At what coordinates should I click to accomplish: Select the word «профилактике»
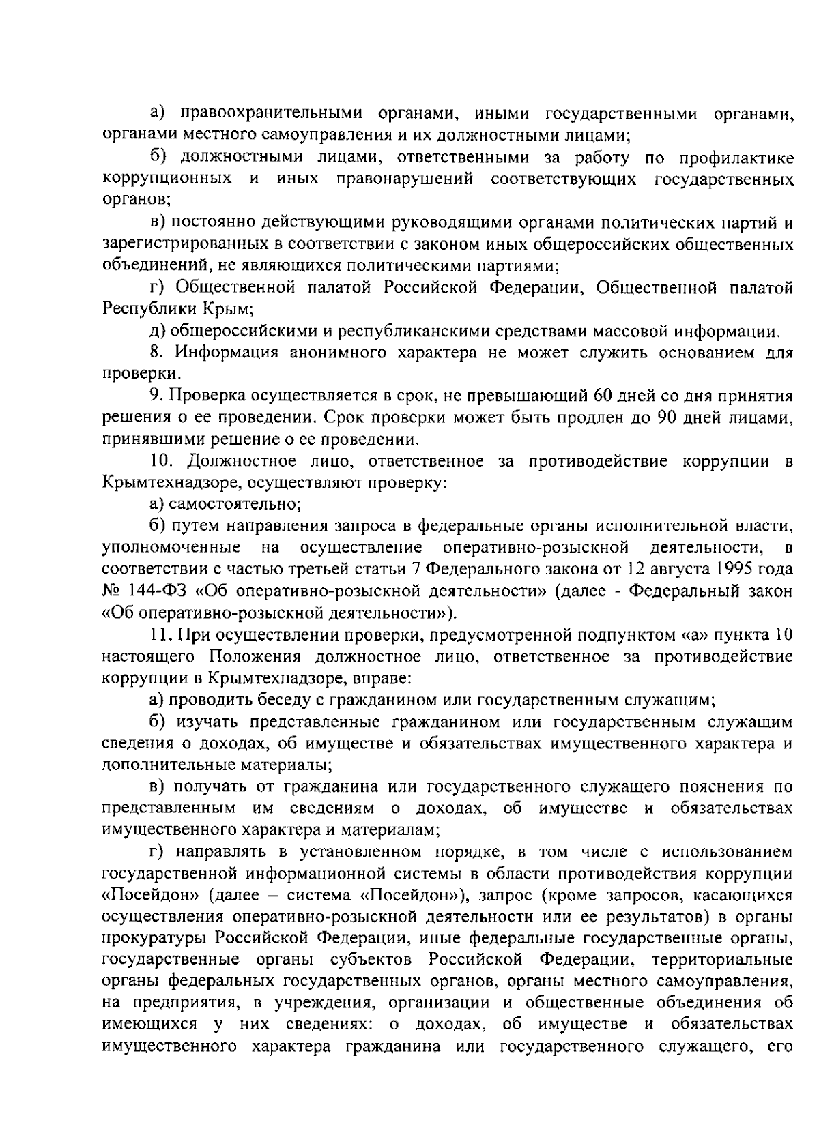736,158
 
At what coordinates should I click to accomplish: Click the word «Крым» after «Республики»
228,308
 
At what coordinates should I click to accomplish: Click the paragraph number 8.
155,353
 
